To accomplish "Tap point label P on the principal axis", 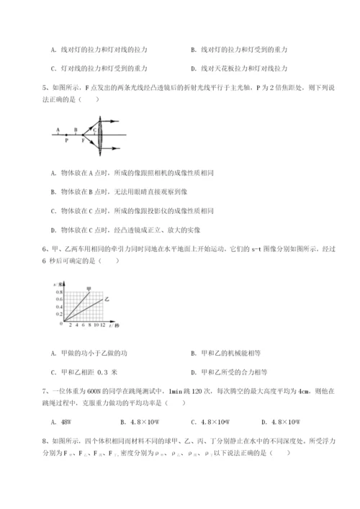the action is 66,141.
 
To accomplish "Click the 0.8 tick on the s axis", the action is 58,292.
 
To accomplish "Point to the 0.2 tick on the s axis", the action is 58,315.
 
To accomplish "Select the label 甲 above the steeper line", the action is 89,287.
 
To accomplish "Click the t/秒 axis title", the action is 114,326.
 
